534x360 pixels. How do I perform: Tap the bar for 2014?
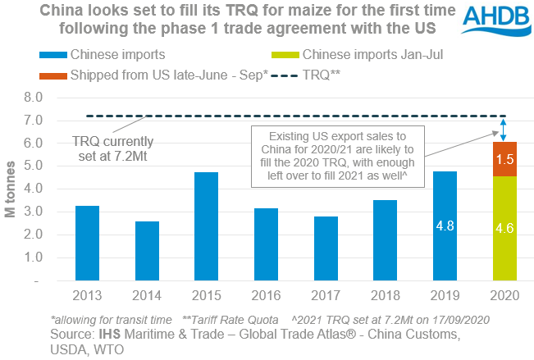[148, 251]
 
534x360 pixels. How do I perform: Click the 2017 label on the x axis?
[325, 295]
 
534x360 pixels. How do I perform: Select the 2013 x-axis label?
[88, 295]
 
